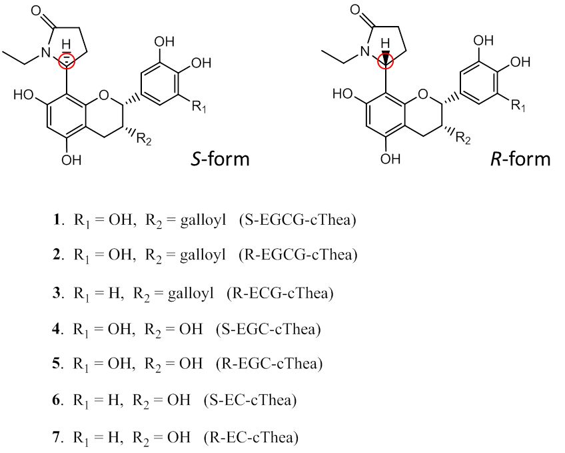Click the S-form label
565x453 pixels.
pos(219,159)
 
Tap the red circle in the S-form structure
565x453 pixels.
pos(67,61)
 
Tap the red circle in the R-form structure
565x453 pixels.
pos(386,61)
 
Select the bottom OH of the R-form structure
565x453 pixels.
pos(390,158)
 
